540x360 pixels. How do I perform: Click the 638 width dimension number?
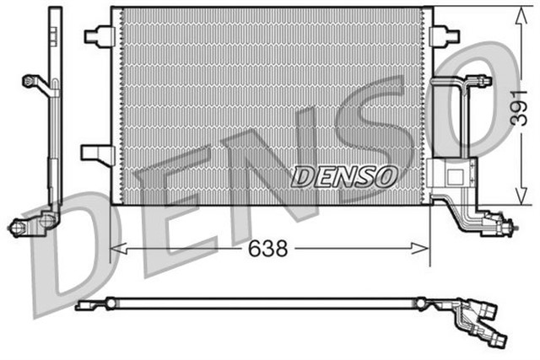(x=268, y=250)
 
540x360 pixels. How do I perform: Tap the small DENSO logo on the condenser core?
(x=344, y=176)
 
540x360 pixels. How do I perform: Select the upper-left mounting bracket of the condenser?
(x=100, y=35)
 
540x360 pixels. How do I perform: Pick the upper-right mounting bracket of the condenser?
(x=441, y=35)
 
